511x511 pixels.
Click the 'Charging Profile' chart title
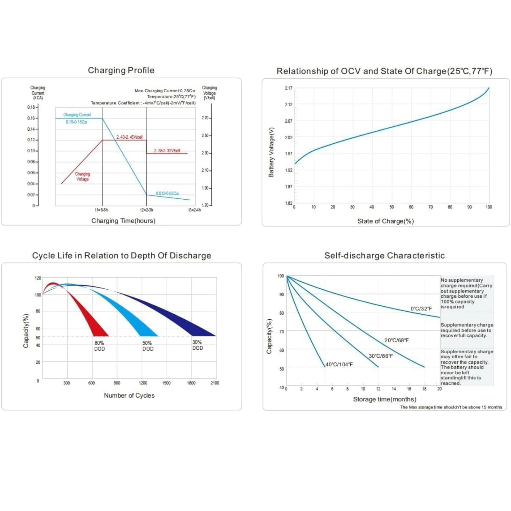121,70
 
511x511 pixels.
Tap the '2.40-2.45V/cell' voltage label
129,137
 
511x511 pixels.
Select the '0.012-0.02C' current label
167,193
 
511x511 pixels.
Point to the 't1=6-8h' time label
101,210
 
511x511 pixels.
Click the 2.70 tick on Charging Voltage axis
205,118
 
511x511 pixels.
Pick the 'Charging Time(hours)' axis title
123,221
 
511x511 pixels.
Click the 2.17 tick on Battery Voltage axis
288,88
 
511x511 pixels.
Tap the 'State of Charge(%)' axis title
385,221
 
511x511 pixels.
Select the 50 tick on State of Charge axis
392,207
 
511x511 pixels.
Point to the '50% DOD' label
148,346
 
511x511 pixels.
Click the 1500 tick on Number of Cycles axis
166,383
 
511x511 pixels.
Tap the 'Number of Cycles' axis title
129,395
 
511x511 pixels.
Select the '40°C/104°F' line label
339,364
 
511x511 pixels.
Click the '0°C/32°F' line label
421,309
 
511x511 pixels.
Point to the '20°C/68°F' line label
396,340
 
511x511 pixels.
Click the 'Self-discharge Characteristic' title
385,256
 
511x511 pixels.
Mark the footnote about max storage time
451,407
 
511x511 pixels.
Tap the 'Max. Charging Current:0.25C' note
165,91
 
